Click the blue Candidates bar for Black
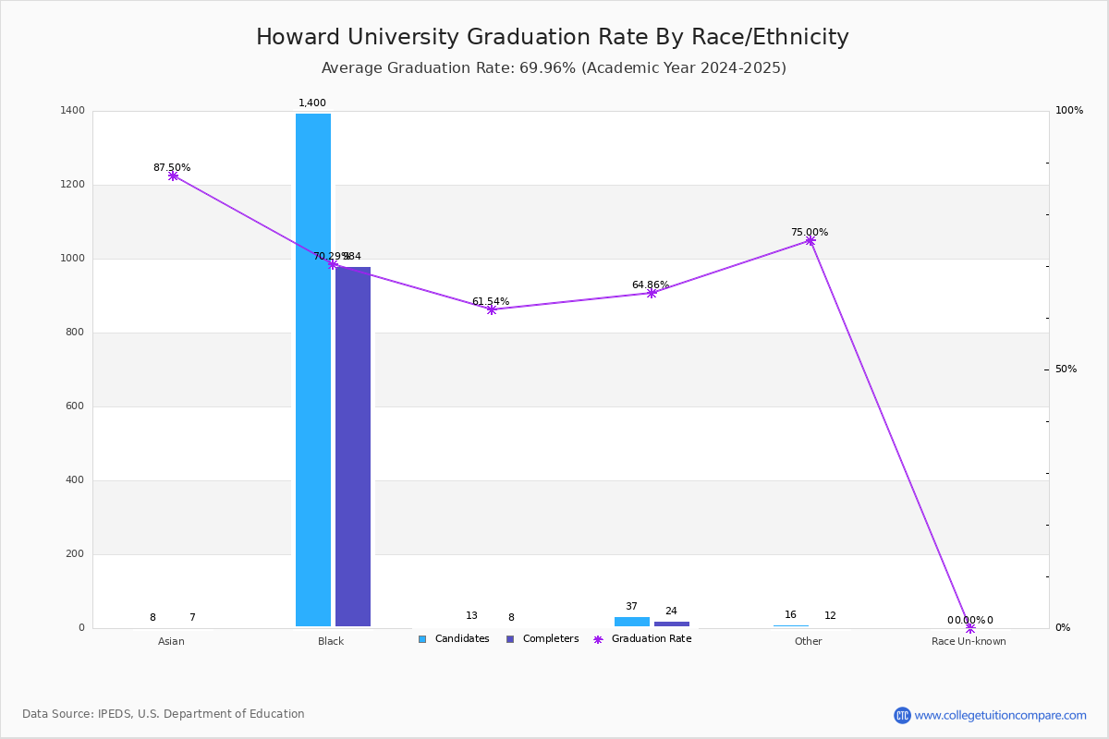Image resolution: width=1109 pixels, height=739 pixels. tap(313, 369)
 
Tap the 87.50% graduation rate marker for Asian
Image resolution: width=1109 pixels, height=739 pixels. tap(173, 176)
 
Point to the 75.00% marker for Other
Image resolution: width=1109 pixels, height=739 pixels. tap(810, 241)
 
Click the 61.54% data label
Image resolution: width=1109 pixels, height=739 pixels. tap(491, 302)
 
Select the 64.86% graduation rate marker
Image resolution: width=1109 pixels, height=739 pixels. tap(652, 293)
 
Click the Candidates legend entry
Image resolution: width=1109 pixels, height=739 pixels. tap(454, 639)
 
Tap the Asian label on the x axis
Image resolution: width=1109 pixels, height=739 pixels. tap(171, 641)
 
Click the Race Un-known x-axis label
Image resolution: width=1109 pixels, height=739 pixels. tap(969, 641)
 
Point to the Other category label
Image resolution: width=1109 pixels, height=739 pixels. tap(808, 641)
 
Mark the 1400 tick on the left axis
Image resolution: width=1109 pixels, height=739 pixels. tap(74, 111)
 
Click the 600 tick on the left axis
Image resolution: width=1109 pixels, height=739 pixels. tap(74, 406)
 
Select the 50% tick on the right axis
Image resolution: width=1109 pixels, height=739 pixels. tap(1066, 369)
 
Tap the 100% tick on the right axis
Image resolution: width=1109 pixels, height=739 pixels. tap(1068, 111)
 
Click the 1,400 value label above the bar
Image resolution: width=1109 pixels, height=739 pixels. tap(312, 103)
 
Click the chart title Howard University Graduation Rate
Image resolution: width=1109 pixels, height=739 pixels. tap(553, 38)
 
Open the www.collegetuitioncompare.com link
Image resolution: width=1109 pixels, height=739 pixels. tap(1000, 715)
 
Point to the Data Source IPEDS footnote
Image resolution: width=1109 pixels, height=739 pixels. tap(164, 714)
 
